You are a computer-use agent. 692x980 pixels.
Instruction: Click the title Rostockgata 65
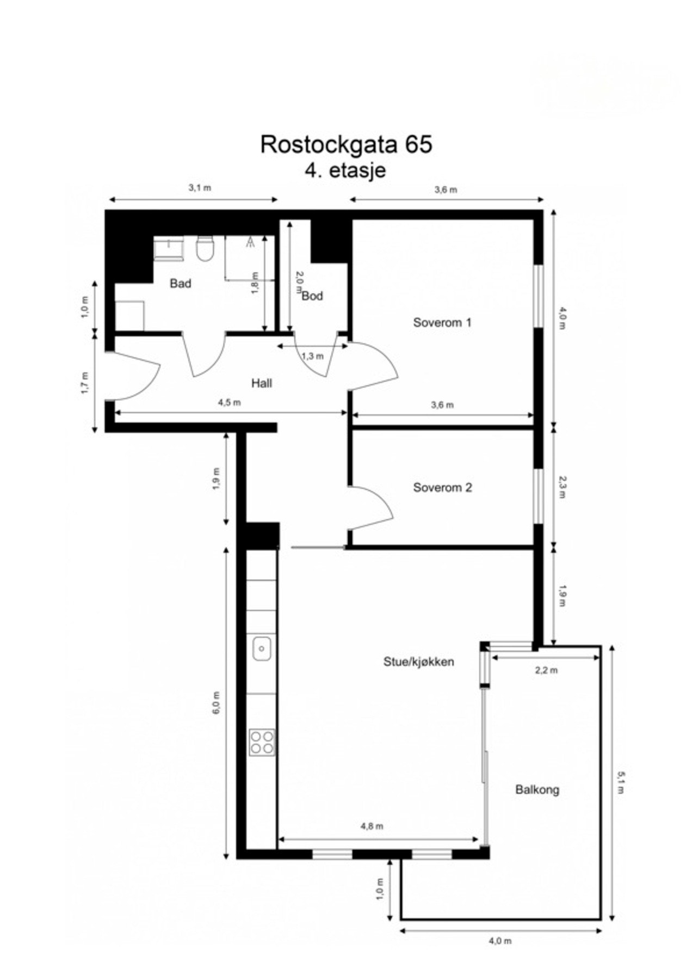pyautogui.click(x=346, y=145)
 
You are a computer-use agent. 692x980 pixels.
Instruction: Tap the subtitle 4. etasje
pyautogui.click(x=345, y=170)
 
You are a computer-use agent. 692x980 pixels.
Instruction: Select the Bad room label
pyautogui.click(x=180, y=284)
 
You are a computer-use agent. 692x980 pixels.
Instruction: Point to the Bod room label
pyautogui.click(x=312, y=296)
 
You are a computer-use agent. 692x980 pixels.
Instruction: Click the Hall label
pyautogui.click(x=261, y=383)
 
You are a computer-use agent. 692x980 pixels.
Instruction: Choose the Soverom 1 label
pyautogui.click(x=442, y=322)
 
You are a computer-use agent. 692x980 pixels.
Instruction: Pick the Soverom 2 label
pyautogui.click(x=442, y=487)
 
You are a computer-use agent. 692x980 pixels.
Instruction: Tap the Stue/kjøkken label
pyautogui.click(x=418, y=662)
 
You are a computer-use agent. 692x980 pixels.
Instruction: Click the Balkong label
pyautogui.click(x=537, y=789)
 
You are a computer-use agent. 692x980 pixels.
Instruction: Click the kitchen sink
pyautogui.click(x=262, y=648)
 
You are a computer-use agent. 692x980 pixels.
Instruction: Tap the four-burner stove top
pyautogui.click(x=262, y=742)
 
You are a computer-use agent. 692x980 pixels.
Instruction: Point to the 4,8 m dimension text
pyautogui.click(x=372, y=826)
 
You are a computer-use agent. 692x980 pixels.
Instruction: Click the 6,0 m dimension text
pyautogui.click(x=217, y=702)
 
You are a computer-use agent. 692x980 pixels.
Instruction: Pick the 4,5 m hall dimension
pyautogui.click(x=229, y=403)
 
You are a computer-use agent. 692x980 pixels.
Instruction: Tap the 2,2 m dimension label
pyautogui.click(x=546, y=670)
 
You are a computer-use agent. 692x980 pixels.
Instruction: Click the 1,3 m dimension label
pyautogui.click(x=312, y=356)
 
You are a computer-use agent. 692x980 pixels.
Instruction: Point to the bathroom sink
pyautogui.click(x=169, y=249)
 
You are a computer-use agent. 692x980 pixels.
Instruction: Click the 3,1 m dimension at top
pyautogui.click(x=200, y=188)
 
